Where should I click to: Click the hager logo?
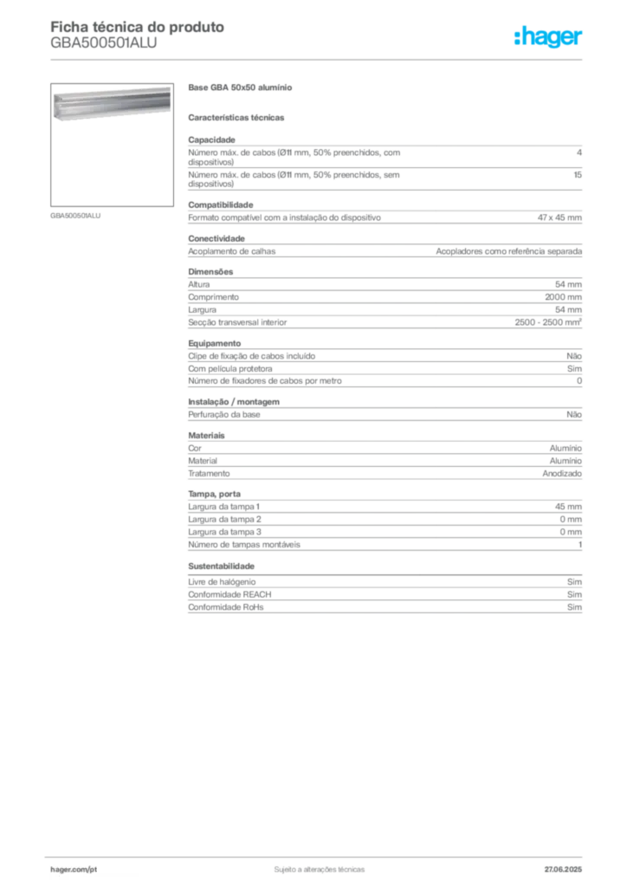[548, 36]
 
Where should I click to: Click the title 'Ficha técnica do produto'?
[138, 27]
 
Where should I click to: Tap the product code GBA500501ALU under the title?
[103, 43]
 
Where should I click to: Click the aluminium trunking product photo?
[112, 103]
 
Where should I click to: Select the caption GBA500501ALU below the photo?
[75, 216]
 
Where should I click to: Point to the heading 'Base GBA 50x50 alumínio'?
[240, 87]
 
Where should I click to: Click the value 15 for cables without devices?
[578, 175]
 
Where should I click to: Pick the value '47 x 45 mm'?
[559, 217]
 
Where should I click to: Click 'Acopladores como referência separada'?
[509, 251]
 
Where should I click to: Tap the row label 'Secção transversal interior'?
[237, 322]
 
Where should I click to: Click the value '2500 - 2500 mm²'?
[548, 322]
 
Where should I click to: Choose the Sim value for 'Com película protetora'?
[574, 368]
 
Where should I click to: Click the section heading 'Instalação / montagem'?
[234, 402]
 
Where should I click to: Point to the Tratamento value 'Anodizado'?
[562, 474]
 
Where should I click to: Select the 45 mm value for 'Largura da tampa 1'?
[568, 507]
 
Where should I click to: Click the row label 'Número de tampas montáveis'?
[244, 545]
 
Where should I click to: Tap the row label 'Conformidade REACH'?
[229, 594]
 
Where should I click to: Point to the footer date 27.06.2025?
[563, 870]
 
